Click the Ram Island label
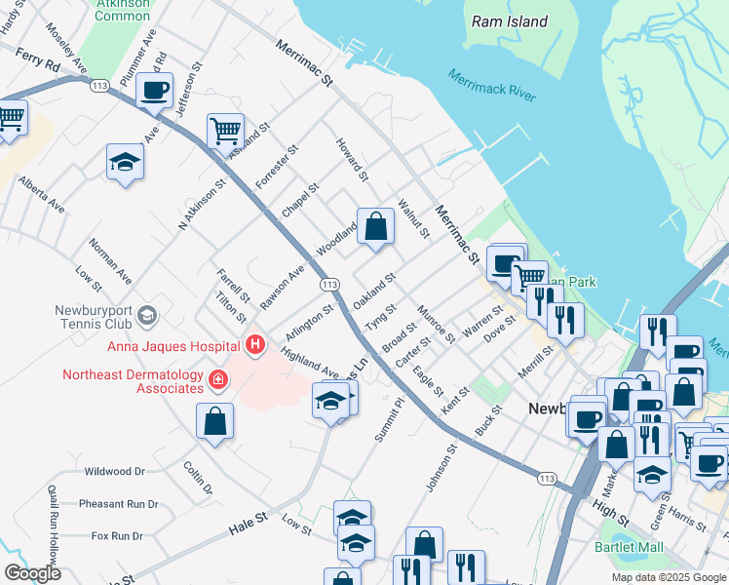[x=509, y=20]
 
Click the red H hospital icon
[x=254, y=345]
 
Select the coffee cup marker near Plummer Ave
[x=155, y=91]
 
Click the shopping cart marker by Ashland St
[x=225, y=129]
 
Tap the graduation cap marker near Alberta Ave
[x=125, y=161]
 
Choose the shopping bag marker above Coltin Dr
[x=214, y=421]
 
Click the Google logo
[x=32, y=573]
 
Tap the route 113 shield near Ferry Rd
[x=98, y=86]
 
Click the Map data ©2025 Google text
[x=667, y=577]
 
